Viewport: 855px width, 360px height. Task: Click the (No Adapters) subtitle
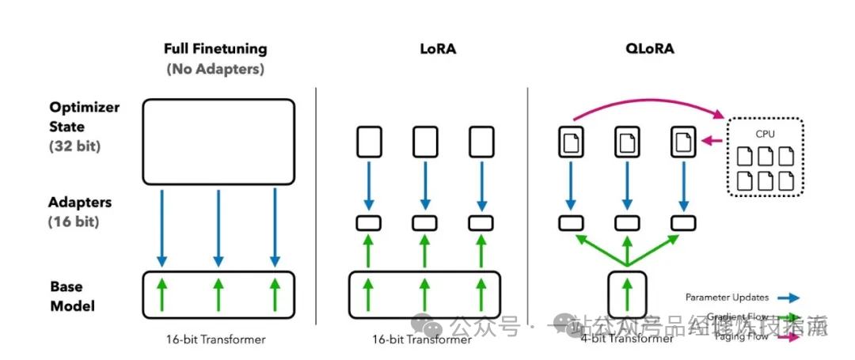coord(215,69)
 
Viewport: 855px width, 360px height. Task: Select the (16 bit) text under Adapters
coord(74,222)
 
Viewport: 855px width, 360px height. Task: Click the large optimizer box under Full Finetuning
coord(218,142)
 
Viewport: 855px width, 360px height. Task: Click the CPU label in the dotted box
coord(765,134)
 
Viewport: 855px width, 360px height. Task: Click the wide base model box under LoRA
coord(424,296)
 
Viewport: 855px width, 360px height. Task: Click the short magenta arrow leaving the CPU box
coord(713,141)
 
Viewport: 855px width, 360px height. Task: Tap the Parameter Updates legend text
coord(727,297)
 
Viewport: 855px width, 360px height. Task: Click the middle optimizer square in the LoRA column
coord(425,142)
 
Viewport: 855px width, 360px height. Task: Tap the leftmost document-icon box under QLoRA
coord(571,142)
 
